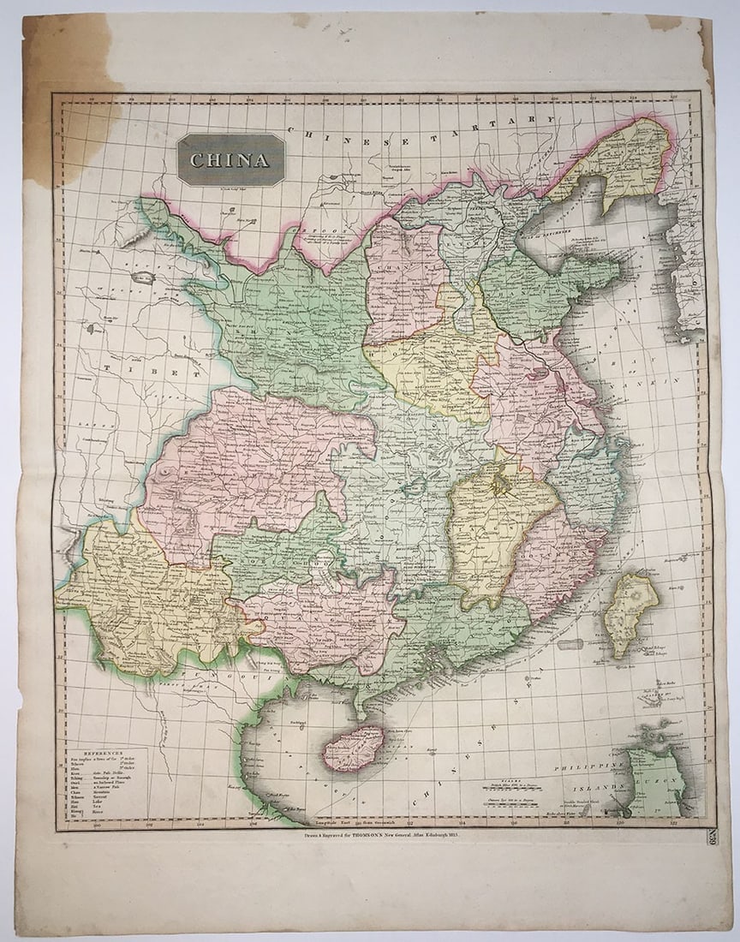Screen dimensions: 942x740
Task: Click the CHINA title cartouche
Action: point(230,159)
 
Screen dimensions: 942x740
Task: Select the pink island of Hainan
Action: point(353,748)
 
